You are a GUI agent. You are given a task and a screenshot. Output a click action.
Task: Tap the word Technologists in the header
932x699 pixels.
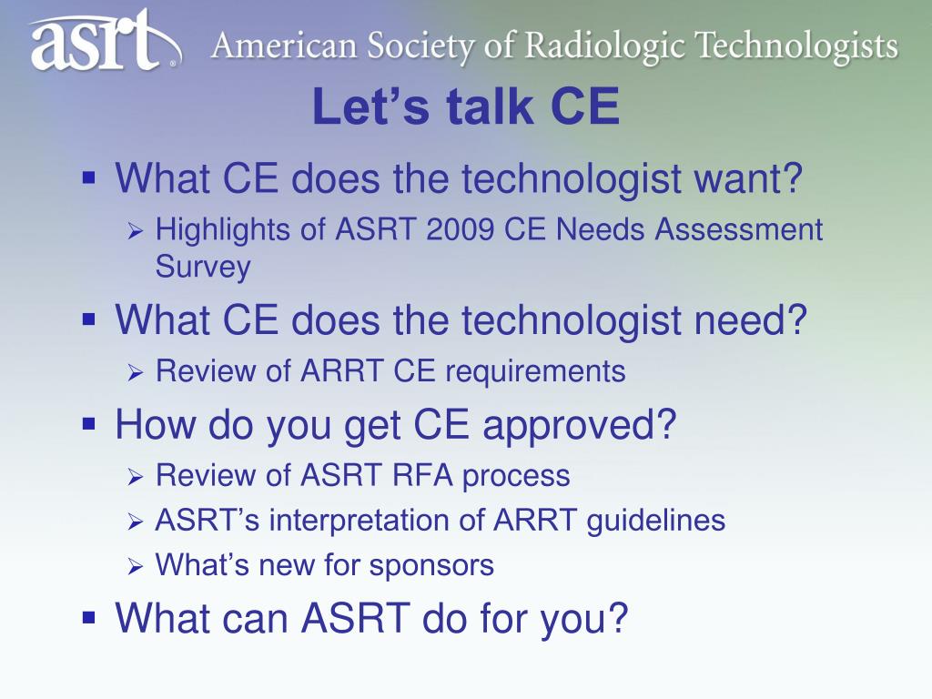tap(796, 46)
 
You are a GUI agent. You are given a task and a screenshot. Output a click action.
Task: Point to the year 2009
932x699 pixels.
tap(460, 229)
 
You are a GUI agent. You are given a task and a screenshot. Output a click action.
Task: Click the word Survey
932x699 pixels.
tap(203, 267)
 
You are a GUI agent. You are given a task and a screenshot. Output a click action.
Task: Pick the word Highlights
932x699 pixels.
tap(223, 231)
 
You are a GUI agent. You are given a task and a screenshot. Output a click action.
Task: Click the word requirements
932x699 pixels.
tap(535, 372)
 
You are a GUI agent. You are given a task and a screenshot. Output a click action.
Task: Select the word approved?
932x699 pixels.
tap(579, 426)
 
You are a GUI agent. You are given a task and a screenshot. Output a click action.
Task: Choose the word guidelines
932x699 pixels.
tap(655, 521)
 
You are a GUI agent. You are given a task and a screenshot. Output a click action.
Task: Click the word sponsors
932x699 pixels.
tap(431, 566)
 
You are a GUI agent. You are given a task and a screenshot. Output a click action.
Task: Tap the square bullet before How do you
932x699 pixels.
tap(89, 424)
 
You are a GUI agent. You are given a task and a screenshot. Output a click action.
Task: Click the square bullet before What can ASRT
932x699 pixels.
tap(89, 617)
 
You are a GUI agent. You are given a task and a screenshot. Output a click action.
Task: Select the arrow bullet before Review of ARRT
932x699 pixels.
tap(136, 373)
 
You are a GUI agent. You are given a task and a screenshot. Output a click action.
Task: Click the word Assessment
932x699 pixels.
tap(738, 229)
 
